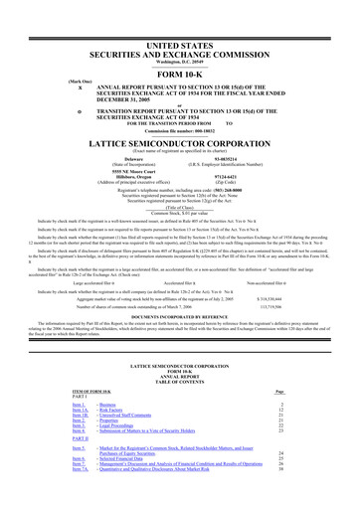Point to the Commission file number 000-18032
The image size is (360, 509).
click(x=179, y=104)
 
